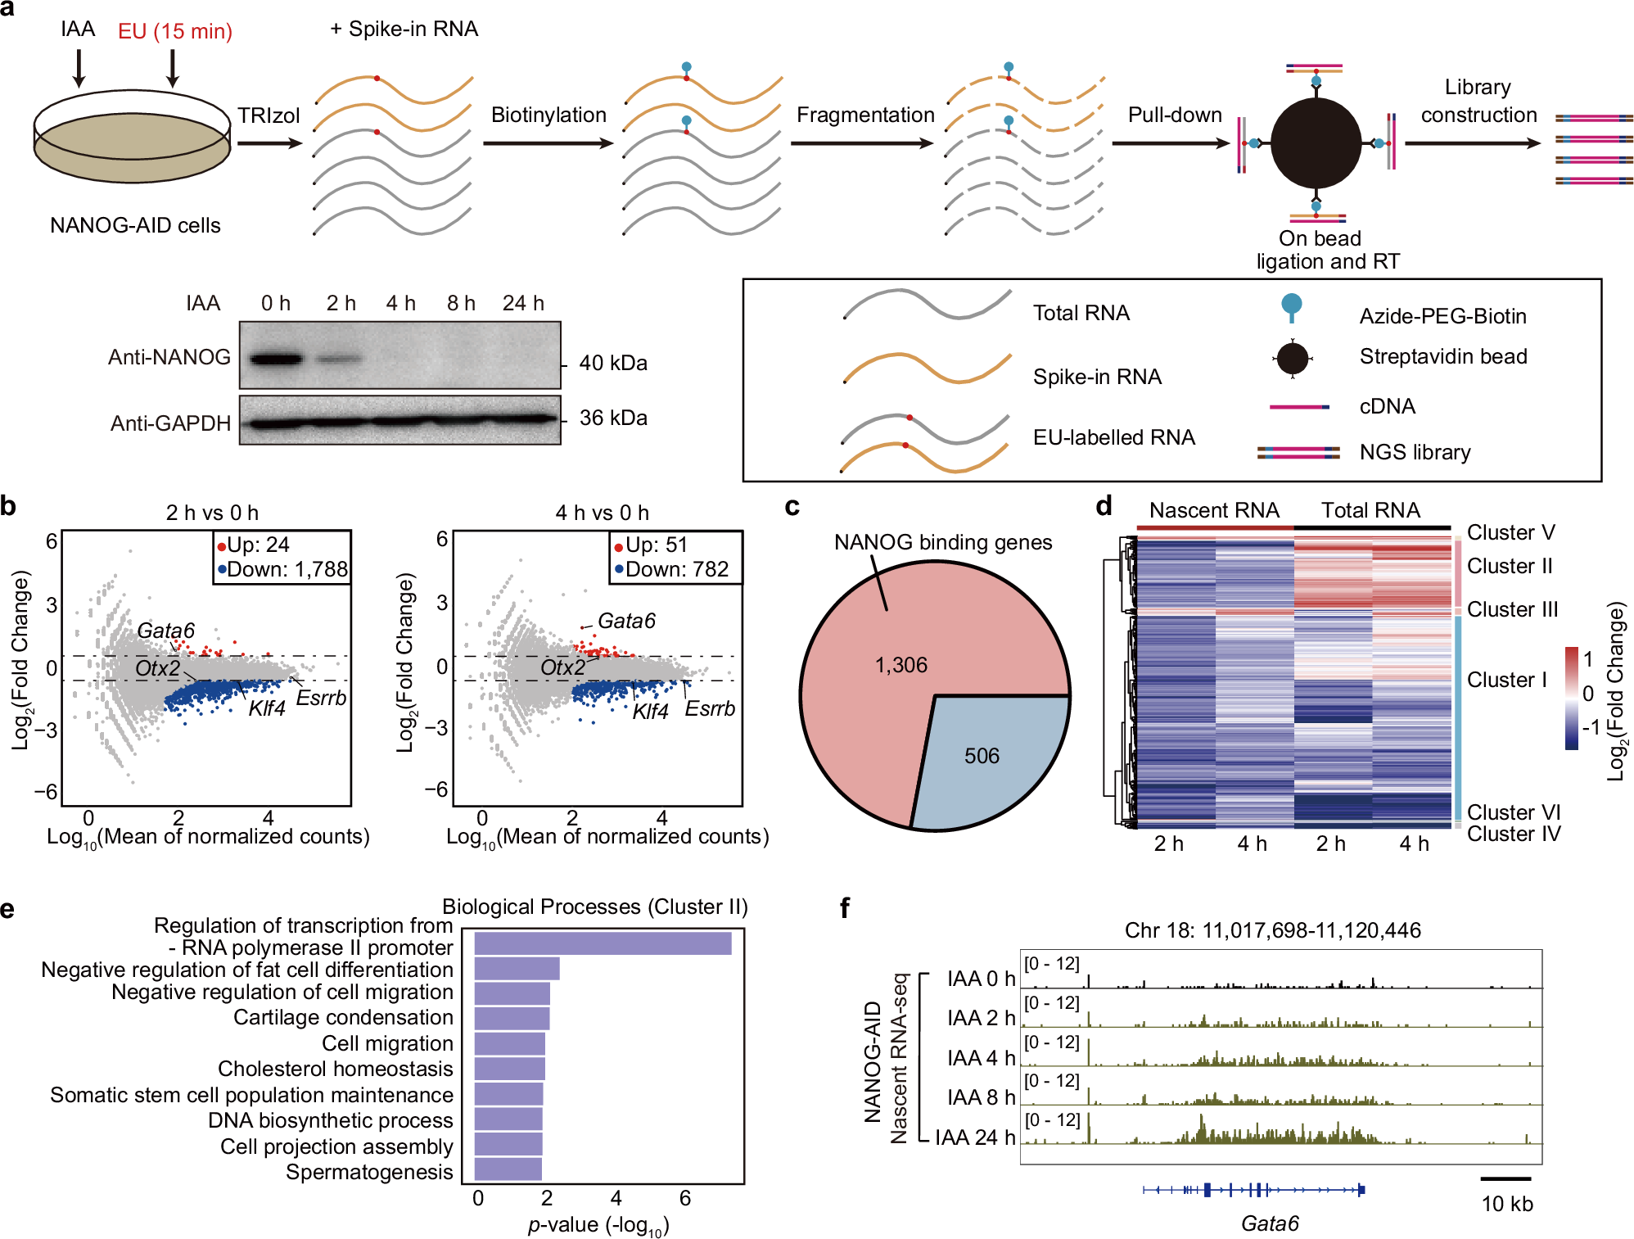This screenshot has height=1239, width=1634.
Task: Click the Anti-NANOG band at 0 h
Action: click(276, 359)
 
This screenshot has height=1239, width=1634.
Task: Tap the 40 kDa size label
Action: click(612, 363)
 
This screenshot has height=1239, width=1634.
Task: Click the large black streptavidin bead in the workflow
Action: click(1316, 143)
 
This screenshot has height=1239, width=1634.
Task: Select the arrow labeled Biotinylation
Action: click(548, 143)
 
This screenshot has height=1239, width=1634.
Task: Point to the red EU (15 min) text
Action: click(175, 31)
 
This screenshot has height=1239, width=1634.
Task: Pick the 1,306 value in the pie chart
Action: click(901, 665)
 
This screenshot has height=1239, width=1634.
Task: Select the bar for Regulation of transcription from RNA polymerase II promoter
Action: click(603, 943)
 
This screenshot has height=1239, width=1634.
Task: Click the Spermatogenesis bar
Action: click(508, 1169)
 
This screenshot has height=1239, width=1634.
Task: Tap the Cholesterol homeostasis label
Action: click(335, 1069)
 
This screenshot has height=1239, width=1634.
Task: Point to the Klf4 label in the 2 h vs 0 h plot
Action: click(266, 708)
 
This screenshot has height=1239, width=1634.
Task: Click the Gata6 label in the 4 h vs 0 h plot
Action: click(626, 621)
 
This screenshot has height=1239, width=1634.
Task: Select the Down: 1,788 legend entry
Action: click(283, 569)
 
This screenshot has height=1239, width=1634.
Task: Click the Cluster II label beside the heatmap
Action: click(1509, 566)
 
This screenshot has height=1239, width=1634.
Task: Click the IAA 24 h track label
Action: click(974, 1137)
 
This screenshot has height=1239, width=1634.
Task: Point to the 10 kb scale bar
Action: click(1505, 1179)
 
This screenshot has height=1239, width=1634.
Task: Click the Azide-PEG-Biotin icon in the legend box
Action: click(1291, 307)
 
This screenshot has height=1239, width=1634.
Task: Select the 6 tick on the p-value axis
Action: click(685, 1198)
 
